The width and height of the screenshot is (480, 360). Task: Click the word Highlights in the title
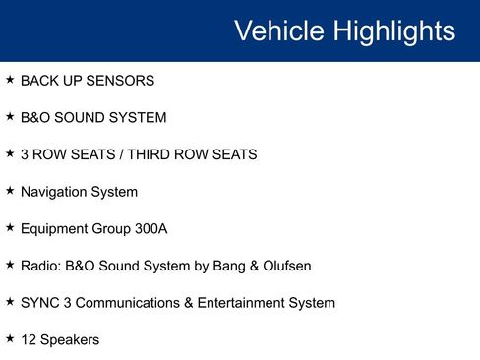(393, 30)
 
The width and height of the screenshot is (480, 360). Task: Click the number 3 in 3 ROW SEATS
(26, 154)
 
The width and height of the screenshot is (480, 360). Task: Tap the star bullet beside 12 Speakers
(10, 338)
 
